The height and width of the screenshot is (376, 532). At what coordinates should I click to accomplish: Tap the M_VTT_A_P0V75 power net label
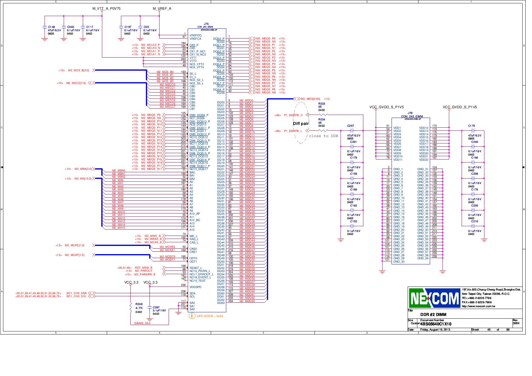[x=106, y=8]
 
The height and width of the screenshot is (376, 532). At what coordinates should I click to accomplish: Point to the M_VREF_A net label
[x=162, y=8]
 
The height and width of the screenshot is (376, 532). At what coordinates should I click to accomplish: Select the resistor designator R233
[x=322, y=104]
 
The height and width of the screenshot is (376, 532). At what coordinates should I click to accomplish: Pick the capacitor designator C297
[x=156, y=307]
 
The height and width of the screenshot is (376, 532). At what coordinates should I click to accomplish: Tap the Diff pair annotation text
[x=301, y=124]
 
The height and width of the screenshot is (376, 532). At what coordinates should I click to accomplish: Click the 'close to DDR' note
[x=323, y=136]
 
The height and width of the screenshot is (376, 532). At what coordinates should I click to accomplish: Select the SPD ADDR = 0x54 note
[x=210, y=316]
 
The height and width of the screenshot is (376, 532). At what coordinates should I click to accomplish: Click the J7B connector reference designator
[x=410, y=113]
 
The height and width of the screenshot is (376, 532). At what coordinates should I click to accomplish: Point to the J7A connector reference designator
[x=206, y=24]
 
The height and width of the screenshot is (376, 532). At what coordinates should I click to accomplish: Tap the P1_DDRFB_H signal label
[x=293, y=115]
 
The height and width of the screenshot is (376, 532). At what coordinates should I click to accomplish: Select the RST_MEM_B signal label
[x=143, y=268]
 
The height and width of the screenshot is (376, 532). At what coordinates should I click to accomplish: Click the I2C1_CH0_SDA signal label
[x=76, y=293]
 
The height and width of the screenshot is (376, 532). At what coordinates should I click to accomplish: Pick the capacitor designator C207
[x=350, y=126]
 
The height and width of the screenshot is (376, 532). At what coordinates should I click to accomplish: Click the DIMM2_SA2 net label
[x=142, y=323]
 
